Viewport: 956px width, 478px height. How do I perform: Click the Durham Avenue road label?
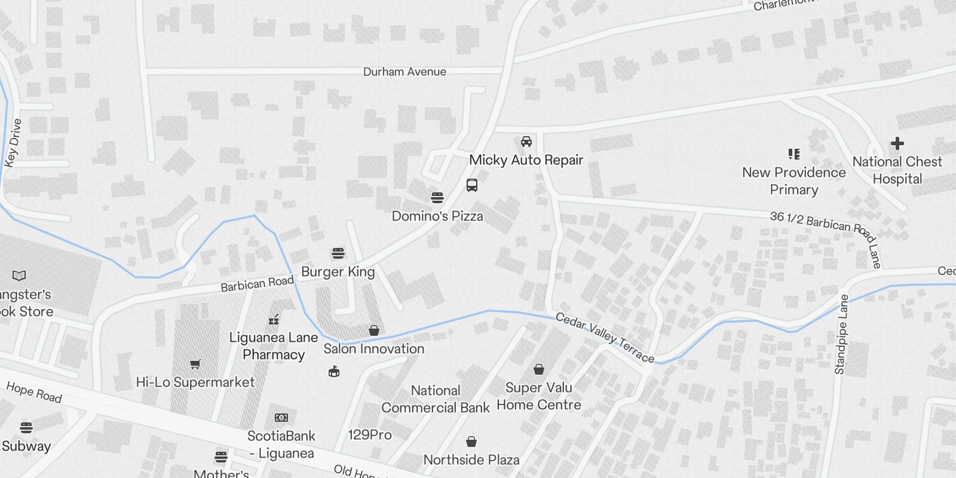(x=405, y=72)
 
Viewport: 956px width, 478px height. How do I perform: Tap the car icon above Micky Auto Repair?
(x=526, y=142)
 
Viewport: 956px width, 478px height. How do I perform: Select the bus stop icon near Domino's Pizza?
(x=472, y=185)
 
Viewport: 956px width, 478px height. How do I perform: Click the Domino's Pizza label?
(x=437, y=216)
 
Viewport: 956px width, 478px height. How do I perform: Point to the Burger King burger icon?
(x=338, y=253)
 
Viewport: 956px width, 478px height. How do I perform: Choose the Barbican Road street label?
(x=257, y=283)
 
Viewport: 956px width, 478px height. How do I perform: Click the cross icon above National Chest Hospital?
(x=897, y=143)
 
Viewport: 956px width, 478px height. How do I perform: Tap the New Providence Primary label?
(x=794, y=180)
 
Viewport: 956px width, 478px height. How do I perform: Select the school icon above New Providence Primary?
(x=794, y=154)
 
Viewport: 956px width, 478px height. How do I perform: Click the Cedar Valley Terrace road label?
(x=605, y=337)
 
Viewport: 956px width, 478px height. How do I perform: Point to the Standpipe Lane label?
(x=842, y=335)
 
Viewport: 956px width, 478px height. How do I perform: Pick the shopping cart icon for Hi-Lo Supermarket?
(x=195, y=364)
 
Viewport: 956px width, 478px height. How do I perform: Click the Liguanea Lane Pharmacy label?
(x=274, y=346)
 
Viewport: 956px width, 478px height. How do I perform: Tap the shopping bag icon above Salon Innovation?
(x=374, y=330)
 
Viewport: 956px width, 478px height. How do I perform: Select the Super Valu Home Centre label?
(x=539, y=396)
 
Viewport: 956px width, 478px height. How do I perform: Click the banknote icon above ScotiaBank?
(x=281, y=418)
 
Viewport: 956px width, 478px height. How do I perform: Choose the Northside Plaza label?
(x=471, y=459)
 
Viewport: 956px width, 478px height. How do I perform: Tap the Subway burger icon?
(x=26, y=428)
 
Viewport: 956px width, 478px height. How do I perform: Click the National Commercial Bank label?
(x=436, y=399)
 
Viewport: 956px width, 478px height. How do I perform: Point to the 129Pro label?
(x=370, y=434)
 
